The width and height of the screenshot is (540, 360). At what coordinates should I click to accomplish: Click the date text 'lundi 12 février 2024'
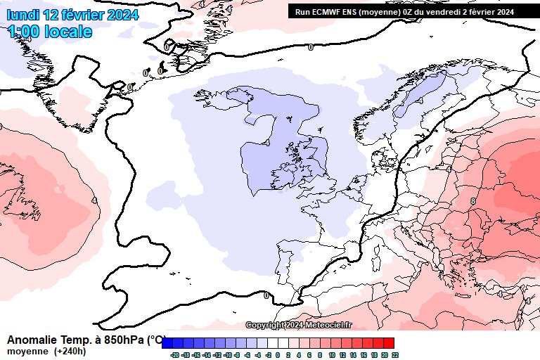pos(72,15)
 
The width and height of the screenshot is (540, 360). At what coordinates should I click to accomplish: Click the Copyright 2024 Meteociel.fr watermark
pos(299,325)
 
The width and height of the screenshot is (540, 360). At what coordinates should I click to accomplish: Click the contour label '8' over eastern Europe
pos(473,201)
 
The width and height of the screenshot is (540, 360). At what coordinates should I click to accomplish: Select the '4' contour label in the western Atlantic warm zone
pos(94,200)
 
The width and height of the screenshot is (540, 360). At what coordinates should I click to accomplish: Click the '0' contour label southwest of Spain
pos(266,295)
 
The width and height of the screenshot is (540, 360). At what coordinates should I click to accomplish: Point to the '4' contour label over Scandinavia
pos(420,101)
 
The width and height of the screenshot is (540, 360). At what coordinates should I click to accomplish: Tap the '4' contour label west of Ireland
pos(267,143)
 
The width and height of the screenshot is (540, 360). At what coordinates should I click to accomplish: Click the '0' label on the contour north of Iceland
pos(311,47)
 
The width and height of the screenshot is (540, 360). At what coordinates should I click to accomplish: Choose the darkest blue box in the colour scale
pos(167,343)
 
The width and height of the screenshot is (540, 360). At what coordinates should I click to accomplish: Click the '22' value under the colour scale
pos(395,356)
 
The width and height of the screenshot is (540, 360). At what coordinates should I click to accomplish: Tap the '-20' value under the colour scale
pos(174,356)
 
